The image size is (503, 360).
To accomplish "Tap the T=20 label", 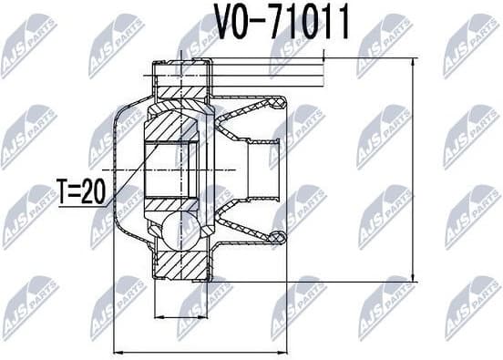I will (83, 192).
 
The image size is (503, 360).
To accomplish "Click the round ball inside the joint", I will (180, 229).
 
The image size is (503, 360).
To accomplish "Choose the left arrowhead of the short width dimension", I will (157, 316).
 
